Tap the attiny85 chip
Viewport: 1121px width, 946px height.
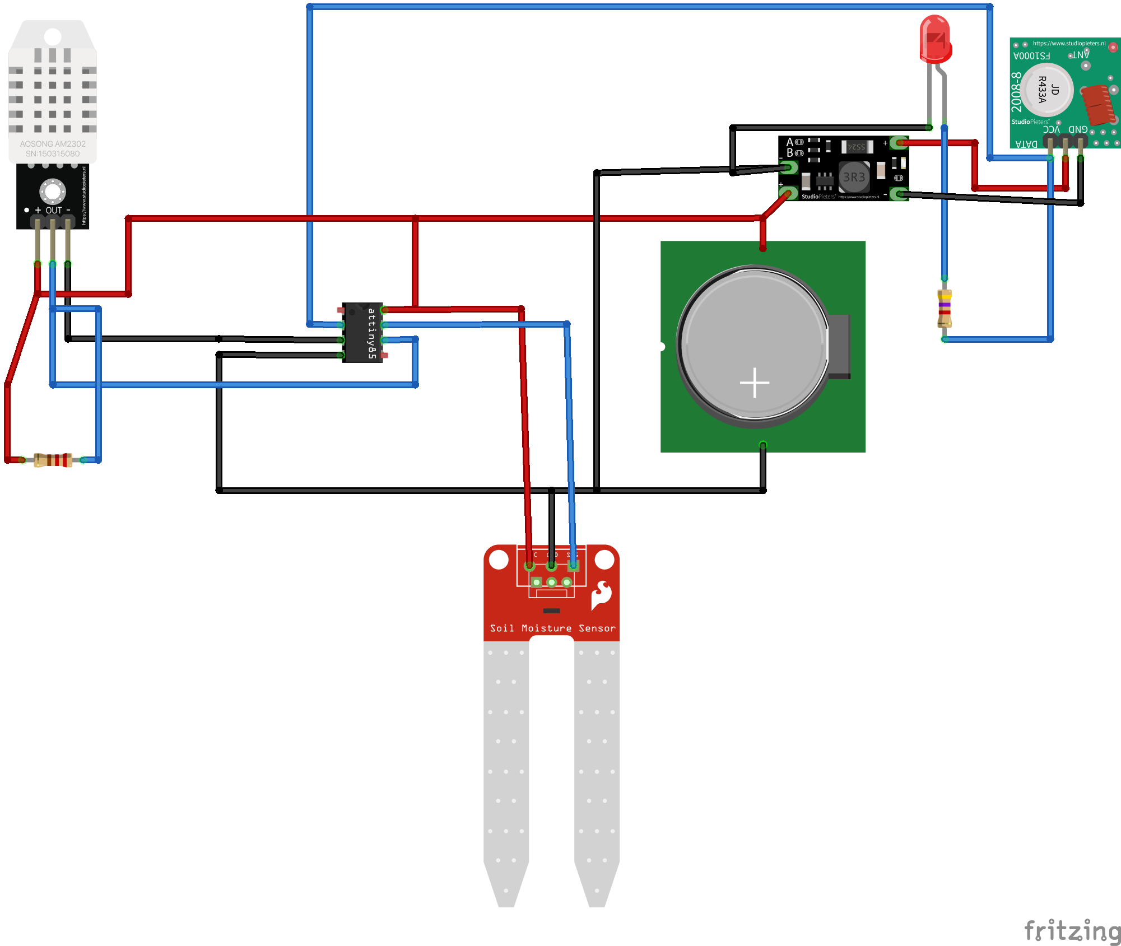362,333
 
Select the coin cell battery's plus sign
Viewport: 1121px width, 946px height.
754,383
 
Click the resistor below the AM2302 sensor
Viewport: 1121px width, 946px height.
53,460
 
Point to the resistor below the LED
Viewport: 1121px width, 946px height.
945,308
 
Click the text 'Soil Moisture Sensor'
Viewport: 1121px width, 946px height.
552,628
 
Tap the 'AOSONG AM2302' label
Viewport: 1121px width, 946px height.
53,144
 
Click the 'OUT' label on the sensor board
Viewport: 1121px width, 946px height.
54,211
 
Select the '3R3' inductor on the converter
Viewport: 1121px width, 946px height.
854,178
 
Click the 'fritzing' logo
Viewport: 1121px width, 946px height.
1072,930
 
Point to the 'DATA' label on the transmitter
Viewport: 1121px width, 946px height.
1026,144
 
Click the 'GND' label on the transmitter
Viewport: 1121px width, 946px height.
1078,129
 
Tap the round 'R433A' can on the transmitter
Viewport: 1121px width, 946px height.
1046,90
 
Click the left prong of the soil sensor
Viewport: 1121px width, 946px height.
506,773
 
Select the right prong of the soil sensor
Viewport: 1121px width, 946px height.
597,773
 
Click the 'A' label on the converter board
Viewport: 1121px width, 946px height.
790,142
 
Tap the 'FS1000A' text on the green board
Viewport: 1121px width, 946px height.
1031,56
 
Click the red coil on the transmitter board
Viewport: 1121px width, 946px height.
1098,104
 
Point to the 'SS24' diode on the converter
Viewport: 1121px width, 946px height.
857,147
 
